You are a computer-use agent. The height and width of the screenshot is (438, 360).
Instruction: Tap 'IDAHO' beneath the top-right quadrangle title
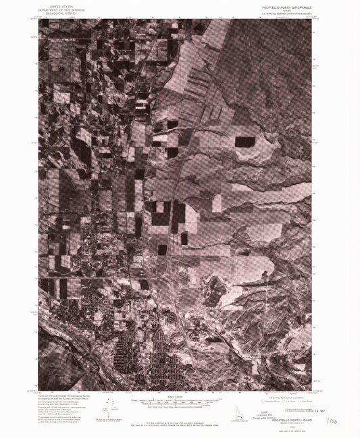290,9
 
